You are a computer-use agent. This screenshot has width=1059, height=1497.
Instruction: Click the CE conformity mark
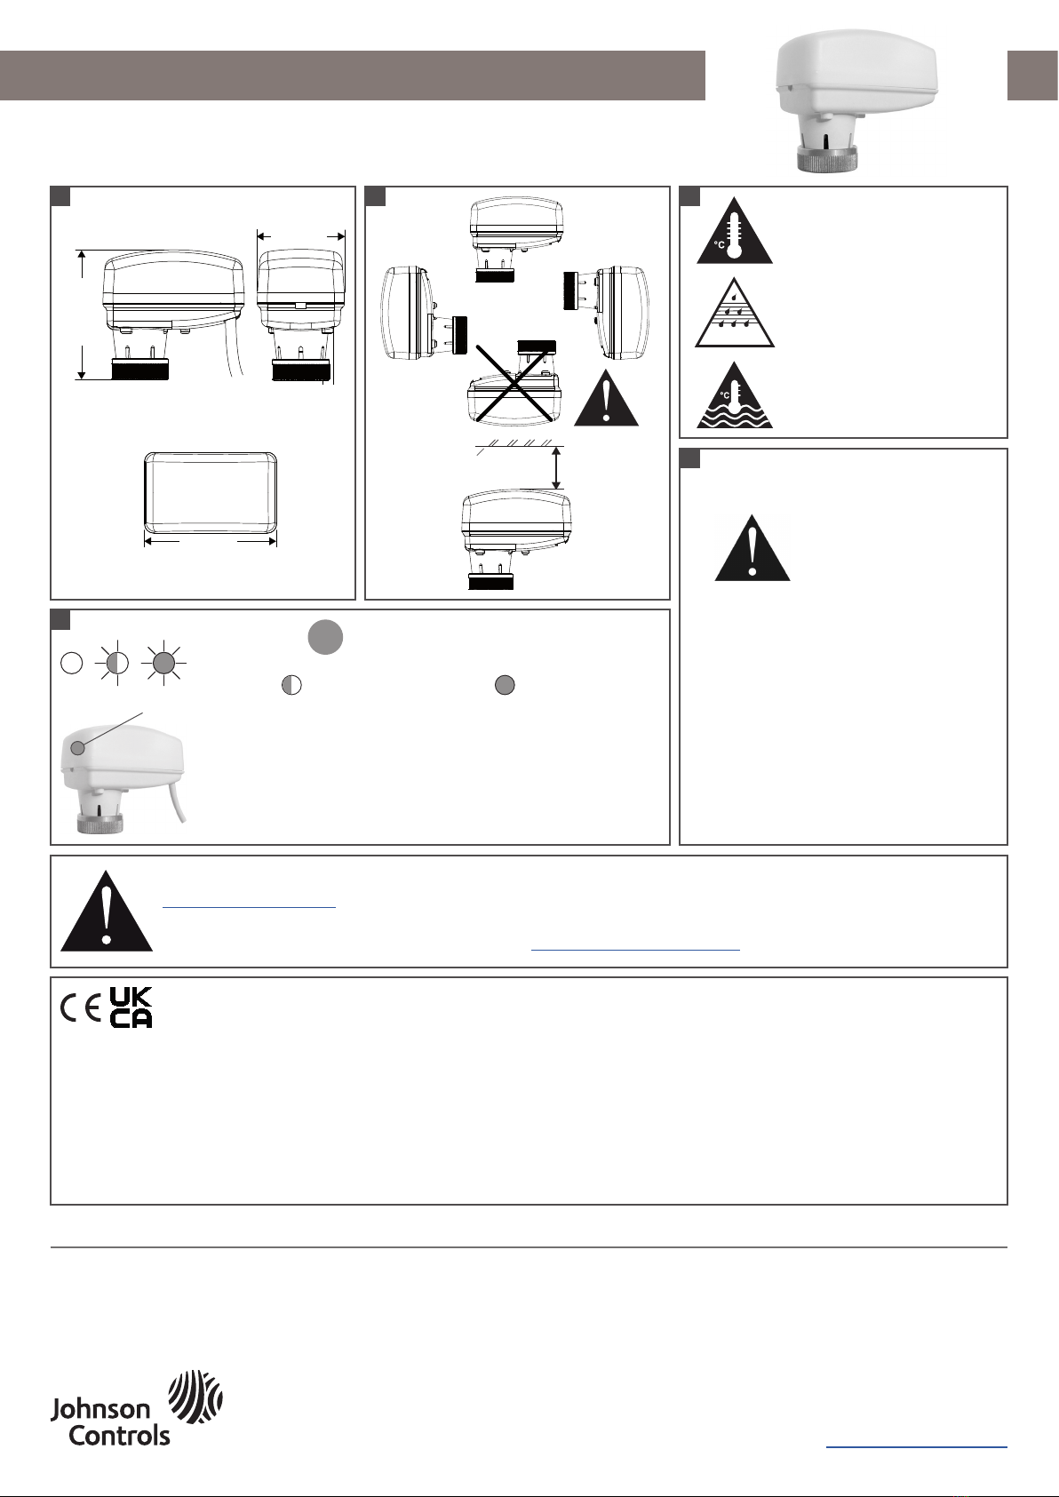(80, 1009)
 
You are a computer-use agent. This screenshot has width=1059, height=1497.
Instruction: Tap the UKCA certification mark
(131, 1007)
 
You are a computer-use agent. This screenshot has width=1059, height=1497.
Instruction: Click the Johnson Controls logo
(136, 1409)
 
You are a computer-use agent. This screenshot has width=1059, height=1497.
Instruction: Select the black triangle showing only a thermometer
(735, 231)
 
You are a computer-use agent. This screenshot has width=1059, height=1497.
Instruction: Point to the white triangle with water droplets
(735, 313)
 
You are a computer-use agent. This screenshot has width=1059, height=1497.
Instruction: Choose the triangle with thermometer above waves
(735, 395)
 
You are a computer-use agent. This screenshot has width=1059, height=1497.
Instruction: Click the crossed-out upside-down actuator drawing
(514, 382)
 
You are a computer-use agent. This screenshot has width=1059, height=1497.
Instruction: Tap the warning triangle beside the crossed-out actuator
(606, 398)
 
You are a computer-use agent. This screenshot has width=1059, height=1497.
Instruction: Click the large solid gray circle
(325, 637)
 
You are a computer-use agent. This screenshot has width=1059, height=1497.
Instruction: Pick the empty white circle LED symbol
(71, 663)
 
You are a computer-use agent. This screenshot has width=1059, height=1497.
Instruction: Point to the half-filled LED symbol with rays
(117, 663)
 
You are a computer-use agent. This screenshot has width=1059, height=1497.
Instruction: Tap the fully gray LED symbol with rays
(163, 663)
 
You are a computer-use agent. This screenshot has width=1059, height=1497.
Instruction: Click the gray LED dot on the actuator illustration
(77, 748)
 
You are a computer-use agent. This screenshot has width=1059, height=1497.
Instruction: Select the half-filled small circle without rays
(292, 685)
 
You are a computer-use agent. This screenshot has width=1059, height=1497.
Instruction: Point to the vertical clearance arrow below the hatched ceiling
(556, 468)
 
